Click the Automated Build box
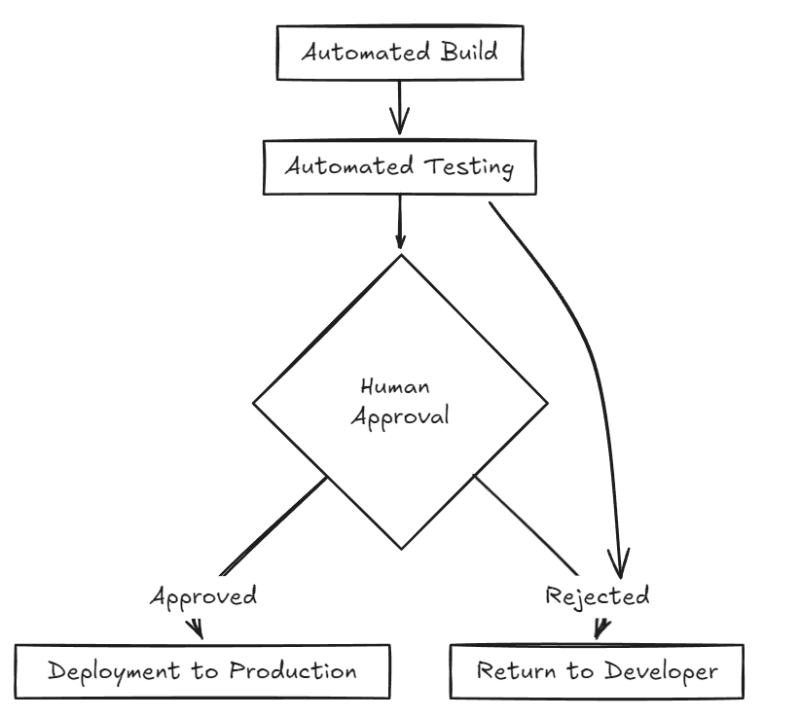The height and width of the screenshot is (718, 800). click(x=399, y=53)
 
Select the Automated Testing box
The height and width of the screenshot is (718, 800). click(x=399, y=166)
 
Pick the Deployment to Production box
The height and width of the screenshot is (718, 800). click(x=202, y=670)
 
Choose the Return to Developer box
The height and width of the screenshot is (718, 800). click(x=598, y=670)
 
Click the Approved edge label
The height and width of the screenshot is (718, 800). click(x=203, y=595)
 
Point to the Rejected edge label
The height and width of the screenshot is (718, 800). click(x=597, y=595)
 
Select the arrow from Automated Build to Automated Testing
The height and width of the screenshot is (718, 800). click(x=399, y=107)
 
